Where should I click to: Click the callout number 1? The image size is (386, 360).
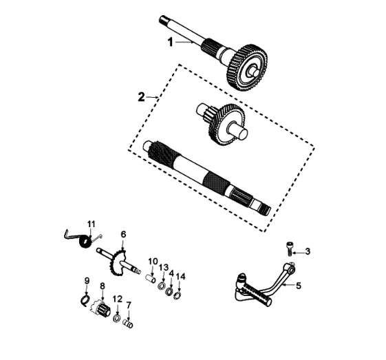click(171, 42)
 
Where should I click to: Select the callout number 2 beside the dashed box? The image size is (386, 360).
click(141, 97)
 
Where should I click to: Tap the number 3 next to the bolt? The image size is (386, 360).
click(308, 252)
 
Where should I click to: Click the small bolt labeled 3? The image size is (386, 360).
click(289, 248)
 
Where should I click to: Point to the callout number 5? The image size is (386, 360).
click(299, 286)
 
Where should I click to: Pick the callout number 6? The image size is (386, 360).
click(123, 234)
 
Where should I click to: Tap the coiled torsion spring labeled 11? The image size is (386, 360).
click(85, 242)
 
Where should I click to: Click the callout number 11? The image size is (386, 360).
click(92, 224)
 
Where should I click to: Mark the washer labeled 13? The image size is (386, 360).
click(162, 286)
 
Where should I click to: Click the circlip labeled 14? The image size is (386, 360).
click(178, 296)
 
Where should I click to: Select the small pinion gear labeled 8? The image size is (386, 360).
click(102, 309)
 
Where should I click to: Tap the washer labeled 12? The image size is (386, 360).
click(117, 318)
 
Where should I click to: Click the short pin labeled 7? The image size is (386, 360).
click(128, 324)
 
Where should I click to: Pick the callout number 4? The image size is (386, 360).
click(171, 273)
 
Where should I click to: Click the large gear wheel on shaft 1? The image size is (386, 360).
click(247, 67)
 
